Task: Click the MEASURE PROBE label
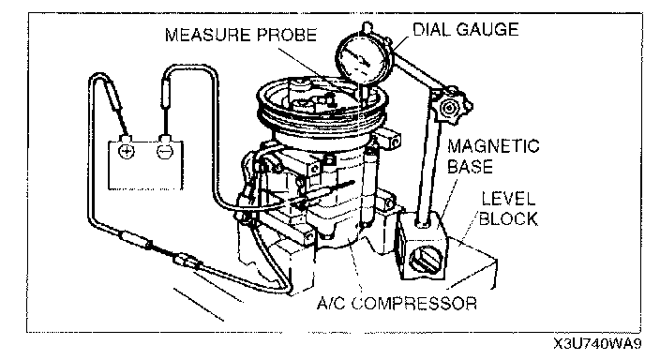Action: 240,35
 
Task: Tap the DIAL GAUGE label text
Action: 466,29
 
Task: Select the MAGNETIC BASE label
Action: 492,157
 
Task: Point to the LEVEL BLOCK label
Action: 508,209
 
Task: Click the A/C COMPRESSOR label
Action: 397,303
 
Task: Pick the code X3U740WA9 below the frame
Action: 598,344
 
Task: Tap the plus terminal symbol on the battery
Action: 126,151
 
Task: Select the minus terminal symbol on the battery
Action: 165,151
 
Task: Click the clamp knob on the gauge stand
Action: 450,108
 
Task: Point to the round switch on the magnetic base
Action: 423,260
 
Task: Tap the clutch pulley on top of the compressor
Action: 322,105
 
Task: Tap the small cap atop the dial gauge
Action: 367,28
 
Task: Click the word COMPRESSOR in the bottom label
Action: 414,303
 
